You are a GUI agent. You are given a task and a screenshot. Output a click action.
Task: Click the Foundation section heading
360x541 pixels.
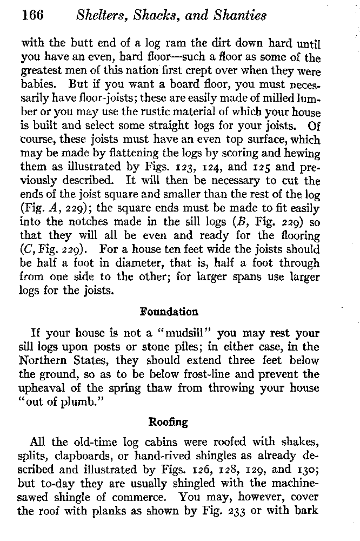169,312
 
